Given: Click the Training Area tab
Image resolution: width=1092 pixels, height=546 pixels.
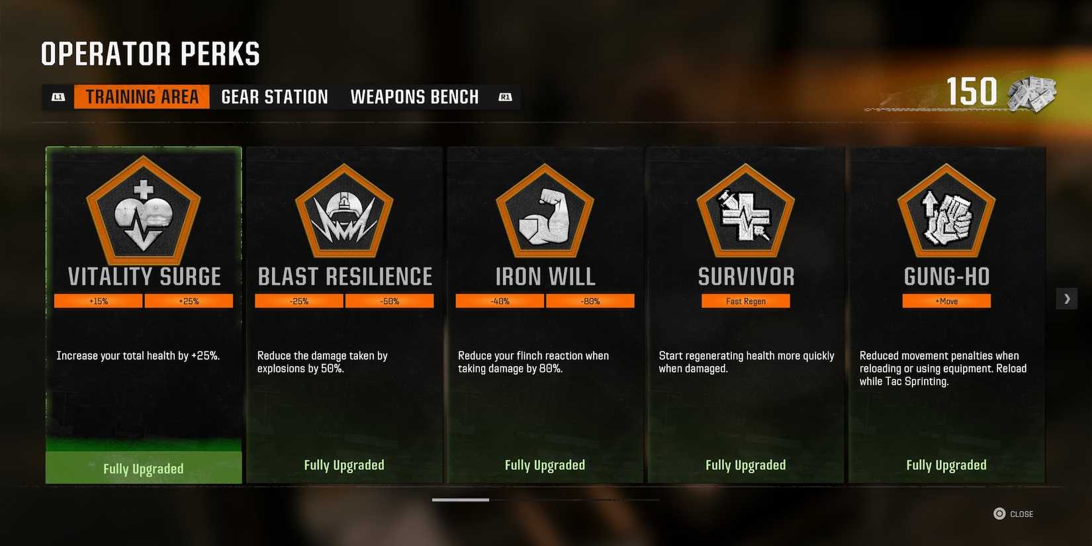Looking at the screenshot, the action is click(142, 97).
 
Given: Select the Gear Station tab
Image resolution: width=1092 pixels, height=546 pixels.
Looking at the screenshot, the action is click(275, 97).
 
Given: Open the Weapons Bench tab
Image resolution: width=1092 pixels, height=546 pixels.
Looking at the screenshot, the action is click(414, 97).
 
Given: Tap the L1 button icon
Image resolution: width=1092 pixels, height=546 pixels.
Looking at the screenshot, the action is click(58, 97).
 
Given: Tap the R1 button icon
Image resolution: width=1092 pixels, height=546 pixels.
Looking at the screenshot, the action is click(505, 97).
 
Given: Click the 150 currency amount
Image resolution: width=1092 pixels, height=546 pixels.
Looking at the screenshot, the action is click(971, 91).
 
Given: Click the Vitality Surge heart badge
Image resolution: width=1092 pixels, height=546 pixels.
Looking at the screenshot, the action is click(144, 211).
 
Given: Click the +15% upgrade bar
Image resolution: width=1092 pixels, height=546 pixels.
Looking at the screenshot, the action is click(99, 301).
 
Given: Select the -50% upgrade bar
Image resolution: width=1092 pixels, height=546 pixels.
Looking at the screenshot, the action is click(389, 301).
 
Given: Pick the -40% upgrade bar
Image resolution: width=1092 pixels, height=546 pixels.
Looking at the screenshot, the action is click(500, 301).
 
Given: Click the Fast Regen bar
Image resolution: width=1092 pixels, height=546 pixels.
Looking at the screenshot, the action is click(746, 301).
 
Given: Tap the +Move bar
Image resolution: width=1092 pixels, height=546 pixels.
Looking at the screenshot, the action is click(946, 301).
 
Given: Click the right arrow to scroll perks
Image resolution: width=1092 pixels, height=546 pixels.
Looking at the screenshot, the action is click(1067, 298).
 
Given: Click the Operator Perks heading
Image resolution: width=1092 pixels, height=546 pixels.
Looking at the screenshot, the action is click(150, 54).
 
